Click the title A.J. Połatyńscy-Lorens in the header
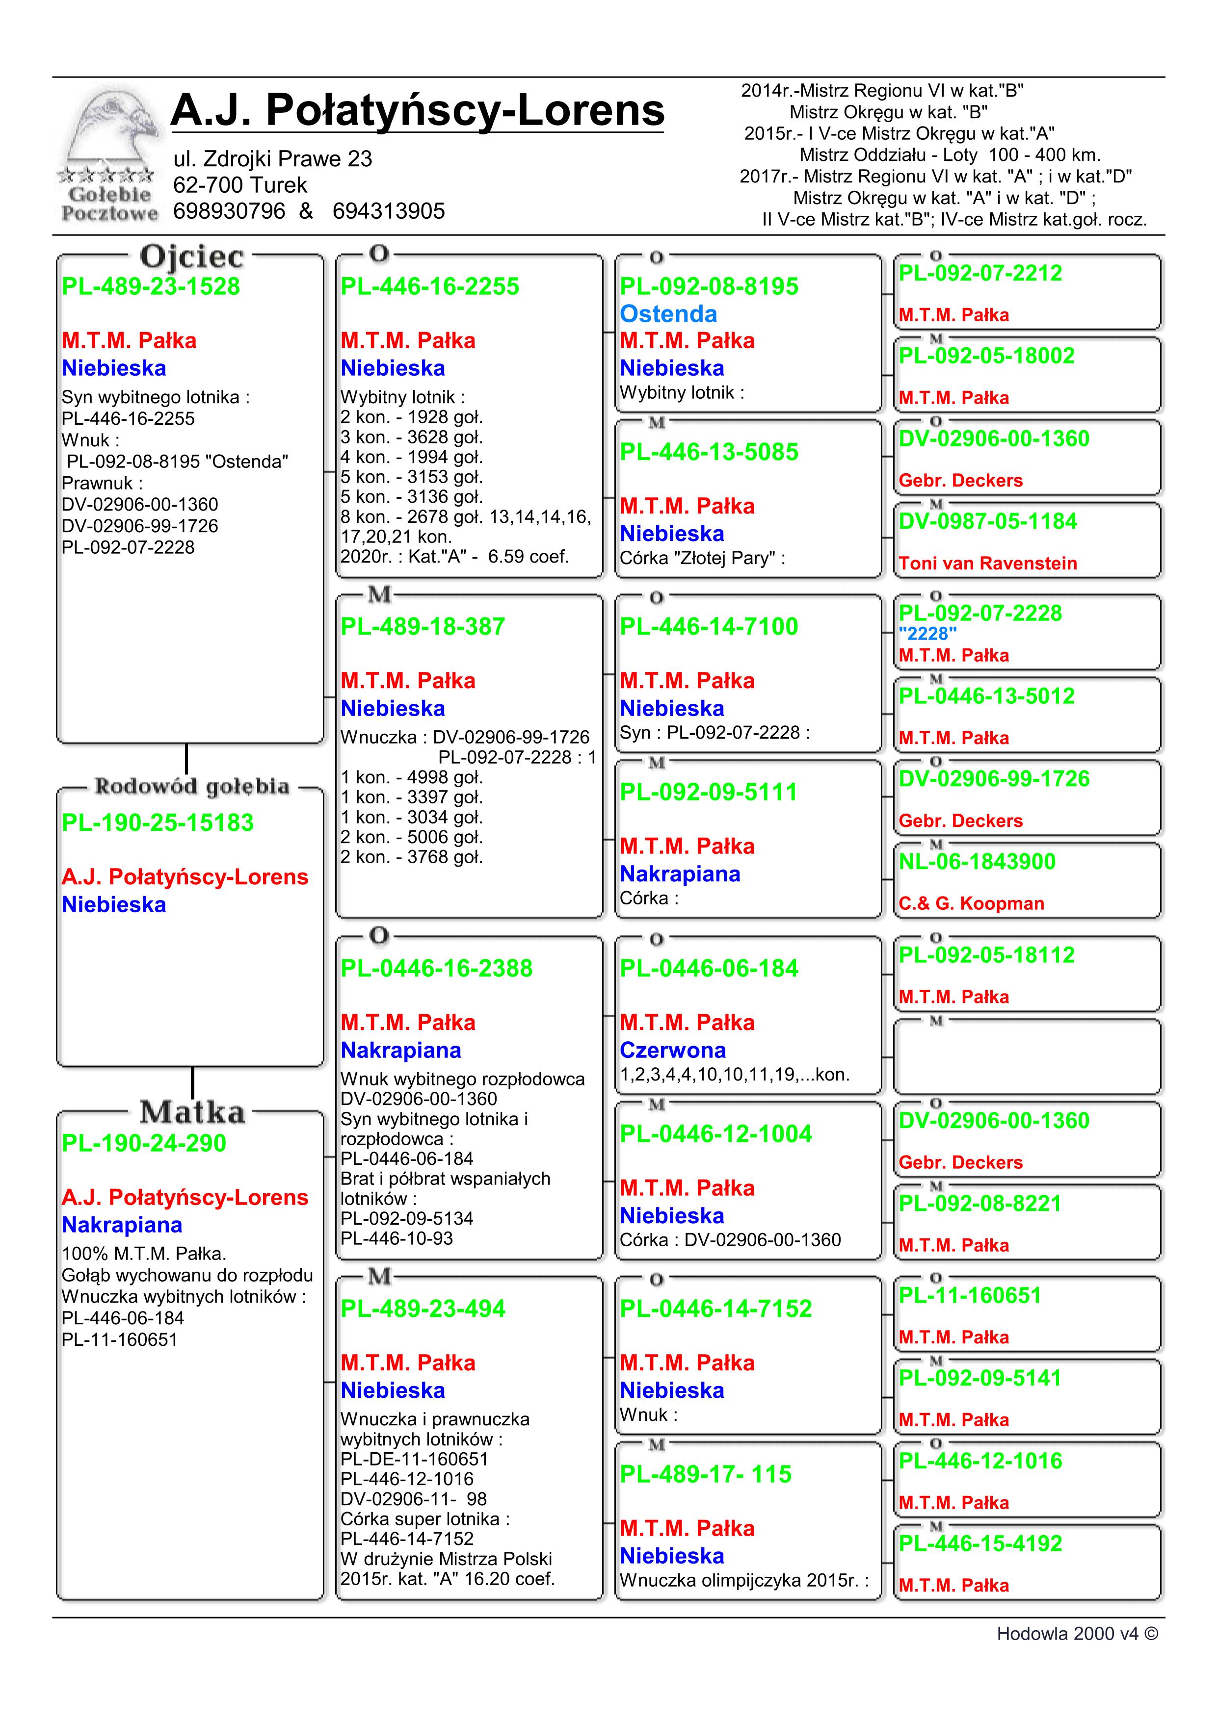tap(417, 110)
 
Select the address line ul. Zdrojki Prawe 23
tap(272, 159)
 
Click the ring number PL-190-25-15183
tap(158, 823)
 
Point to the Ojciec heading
tap(191, 257)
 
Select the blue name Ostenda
tap(668, 314)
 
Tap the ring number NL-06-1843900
tap(977, 862)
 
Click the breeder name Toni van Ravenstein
tap(987, 564)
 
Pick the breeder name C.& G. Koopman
tap(971, 904)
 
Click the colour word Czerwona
tap(673, 1050)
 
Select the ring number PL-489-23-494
tap(423, 1309)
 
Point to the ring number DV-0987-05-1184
tap(987, 522)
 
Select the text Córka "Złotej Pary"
tap(702, 559)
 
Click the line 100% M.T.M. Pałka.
tap(144, 1254)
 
